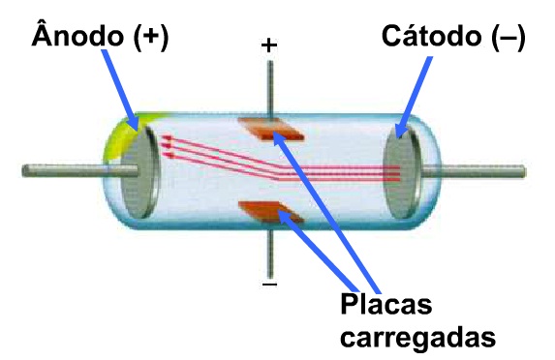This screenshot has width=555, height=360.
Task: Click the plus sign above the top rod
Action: pyautogui.click(x=269, y=45)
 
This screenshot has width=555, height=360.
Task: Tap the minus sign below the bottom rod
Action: pyautogui.click(x=269, y=286)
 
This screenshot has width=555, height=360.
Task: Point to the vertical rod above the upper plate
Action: pyautogui.click(x=269, y=87)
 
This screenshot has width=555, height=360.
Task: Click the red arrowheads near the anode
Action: pyautogui.click(x=164, y=144)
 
